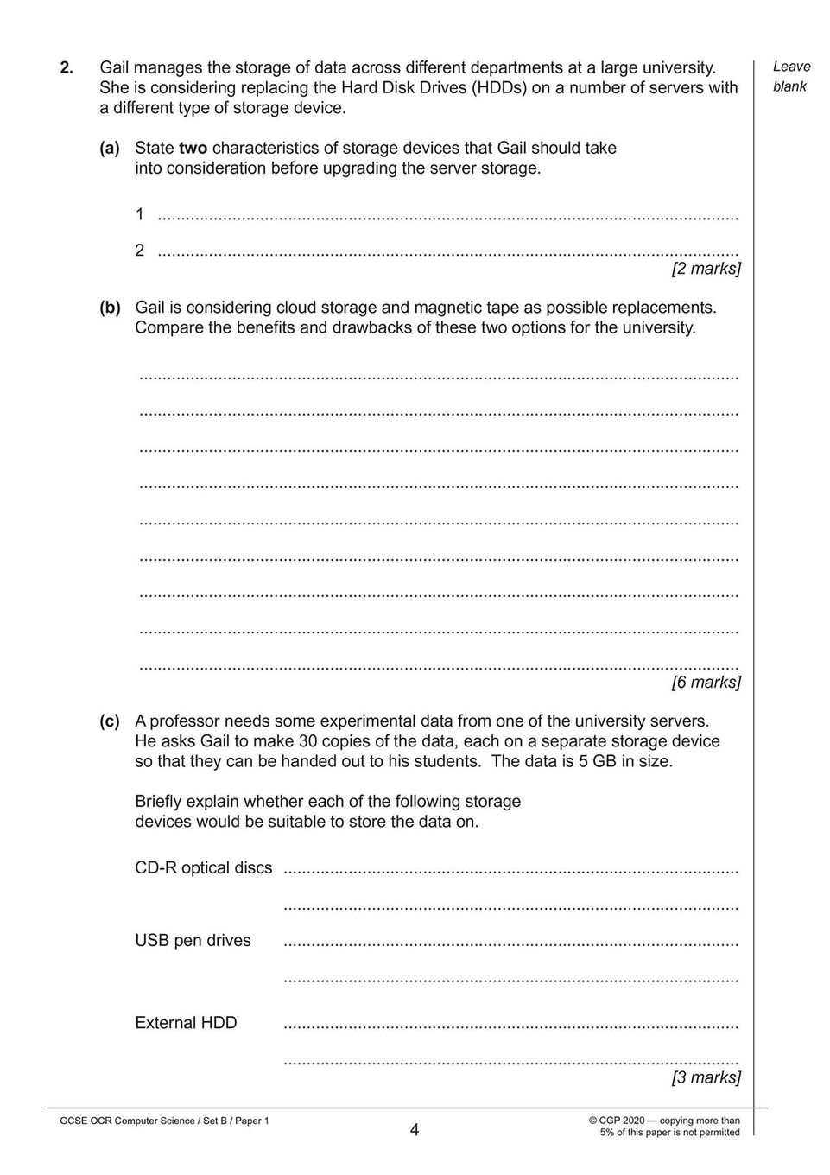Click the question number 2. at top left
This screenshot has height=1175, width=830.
[x=66, y=67]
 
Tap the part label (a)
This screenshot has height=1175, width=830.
[x=110, y=148]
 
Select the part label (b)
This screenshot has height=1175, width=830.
[x=110, y=307]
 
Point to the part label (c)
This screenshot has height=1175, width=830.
[x=110, y=721]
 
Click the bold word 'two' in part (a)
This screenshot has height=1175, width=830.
[x=193, y=148]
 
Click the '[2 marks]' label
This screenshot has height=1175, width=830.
[x=706, y=269]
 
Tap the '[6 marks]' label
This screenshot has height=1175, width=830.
[x=706, y=683]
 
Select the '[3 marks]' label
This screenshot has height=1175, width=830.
[x=706, y=1077]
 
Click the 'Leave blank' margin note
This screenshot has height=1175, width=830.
[x=790, y=76]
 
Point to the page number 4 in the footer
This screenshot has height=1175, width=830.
[x=415, y=1129]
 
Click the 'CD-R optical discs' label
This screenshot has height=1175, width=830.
[x=203, y=867]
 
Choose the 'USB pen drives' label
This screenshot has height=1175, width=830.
[x=193, y=940]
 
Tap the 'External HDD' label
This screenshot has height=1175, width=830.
[x=186, y=1023]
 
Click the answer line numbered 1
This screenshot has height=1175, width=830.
[x=449, y=215]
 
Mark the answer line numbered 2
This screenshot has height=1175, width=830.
[x=449, y=251]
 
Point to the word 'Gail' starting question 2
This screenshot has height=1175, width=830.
[x=117, y=67]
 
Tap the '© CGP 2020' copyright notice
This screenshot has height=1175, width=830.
[x=617, y=1121]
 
